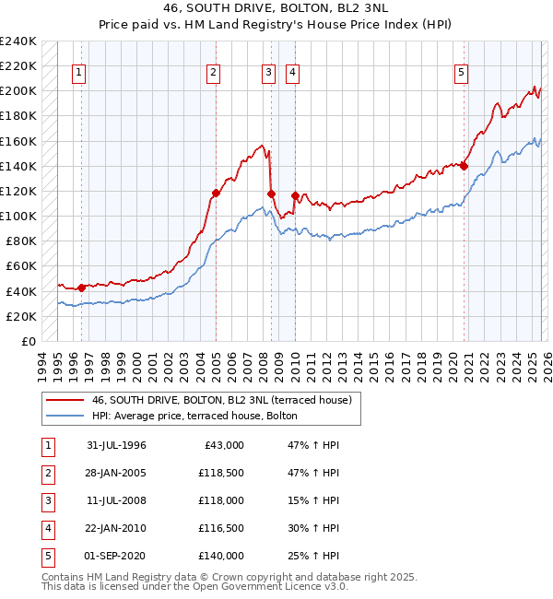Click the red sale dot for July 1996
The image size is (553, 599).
(81, 288)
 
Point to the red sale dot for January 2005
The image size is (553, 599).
(216, 194)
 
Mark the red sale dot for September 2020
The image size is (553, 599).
(464, 167)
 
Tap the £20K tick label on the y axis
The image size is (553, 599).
(21, 316)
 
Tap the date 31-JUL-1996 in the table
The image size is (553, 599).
(116, 445)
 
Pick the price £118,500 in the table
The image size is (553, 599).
(221, 473)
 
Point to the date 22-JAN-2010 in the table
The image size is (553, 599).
(116, 528)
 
